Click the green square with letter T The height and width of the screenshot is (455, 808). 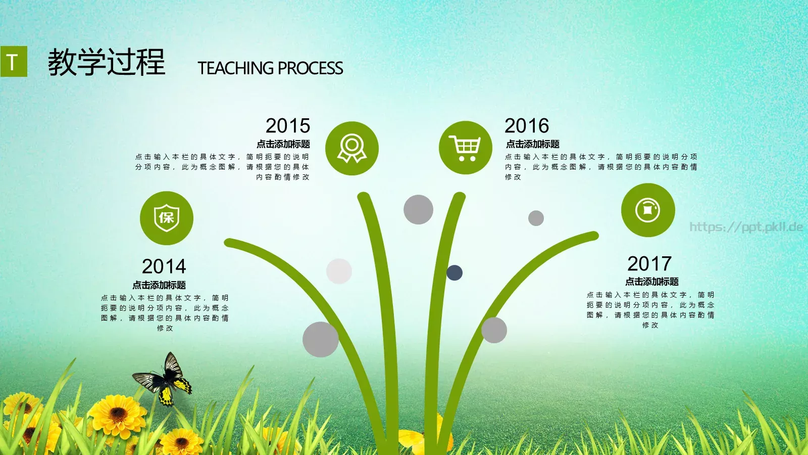tap(14, 61)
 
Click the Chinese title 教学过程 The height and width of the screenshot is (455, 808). tap(107, 62)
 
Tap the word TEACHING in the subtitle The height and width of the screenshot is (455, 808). tap(235, 68)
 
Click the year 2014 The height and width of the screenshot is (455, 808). tap(164, 266)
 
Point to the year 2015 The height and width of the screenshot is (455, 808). tap(288, 126)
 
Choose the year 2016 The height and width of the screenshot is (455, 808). tap(527, 126)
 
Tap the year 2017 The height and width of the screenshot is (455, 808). tap(649, 263)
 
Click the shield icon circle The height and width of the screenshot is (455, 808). tap(167, 218)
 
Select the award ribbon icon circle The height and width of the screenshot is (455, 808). tap(352, 149)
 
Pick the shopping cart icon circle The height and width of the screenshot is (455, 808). tap(465, 148)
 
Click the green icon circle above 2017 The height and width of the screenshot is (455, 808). tap(648, 210)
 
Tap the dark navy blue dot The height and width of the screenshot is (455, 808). tap(454, 272)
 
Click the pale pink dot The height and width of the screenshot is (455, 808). tap(339, 271)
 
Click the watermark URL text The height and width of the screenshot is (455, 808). tap(746, 227)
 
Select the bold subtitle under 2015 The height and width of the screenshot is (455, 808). tap(283, 144)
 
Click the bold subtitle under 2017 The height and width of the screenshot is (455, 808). tap(652, 282)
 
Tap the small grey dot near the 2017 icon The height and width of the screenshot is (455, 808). tap(536, 218)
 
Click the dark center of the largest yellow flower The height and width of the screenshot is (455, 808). tap(118, 414)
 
